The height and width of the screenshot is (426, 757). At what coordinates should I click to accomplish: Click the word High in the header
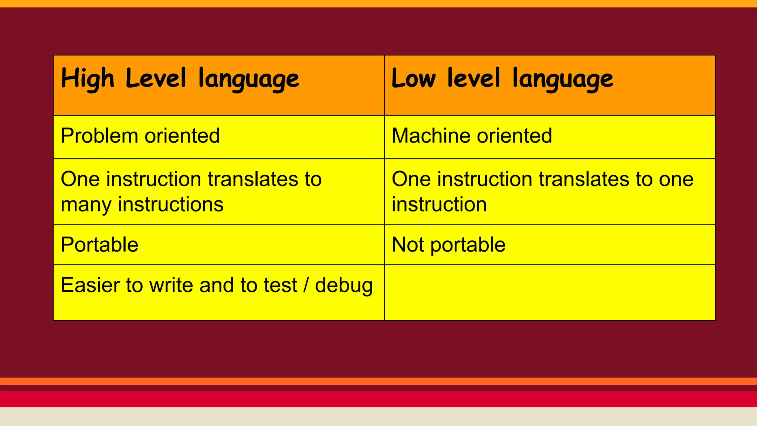click(88, 79)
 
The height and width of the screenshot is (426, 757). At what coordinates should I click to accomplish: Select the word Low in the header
click(414, 79)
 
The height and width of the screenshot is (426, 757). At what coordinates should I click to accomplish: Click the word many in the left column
click(85, 204)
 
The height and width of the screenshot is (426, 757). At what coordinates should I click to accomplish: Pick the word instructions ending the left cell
click(170, 204)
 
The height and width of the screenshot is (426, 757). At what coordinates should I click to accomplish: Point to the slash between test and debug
click(306, 285)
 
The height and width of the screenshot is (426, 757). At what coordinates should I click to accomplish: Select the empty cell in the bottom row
click(550, 293)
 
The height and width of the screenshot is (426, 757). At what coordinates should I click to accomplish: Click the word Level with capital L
click(156, 79)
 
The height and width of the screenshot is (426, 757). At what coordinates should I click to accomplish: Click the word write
click(170, 285)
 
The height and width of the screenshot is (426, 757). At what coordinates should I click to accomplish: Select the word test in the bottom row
click(281, 285)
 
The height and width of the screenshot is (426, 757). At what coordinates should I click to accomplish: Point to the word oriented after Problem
click(182, 136)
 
